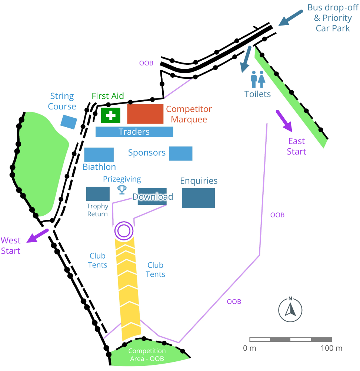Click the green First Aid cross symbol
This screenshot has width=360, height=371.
[111, 115]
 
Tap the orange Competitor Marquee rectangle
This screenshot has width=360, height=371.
[145, 114]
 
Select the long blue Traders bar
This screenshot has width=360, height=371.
[134, 132]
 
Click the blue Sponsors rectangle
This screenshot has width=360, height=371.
[180, 154]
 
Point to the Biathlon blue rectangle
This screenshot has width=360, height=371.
[99, 155]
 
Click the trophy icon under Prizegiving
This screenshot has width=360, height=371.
[122, 190]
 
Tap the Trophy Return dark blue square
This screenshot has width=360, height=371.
[98, 194]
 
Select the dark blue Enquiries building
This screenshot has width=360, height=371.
[198, 198]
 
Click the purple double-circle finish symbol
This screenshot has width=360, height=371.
[123, 231]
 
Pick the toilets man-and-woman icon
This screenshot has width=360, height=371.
[257, 79]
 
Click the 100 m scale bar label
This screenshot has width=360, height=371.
[331, 348]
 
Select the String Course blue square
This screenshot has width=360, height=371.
[69, 122]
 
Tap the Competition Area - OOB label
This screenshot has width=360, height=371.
[147, 355]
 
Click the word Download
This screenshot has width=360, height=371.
[153, 197]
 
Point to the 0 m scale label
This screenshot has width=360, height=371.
[250, 348]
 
